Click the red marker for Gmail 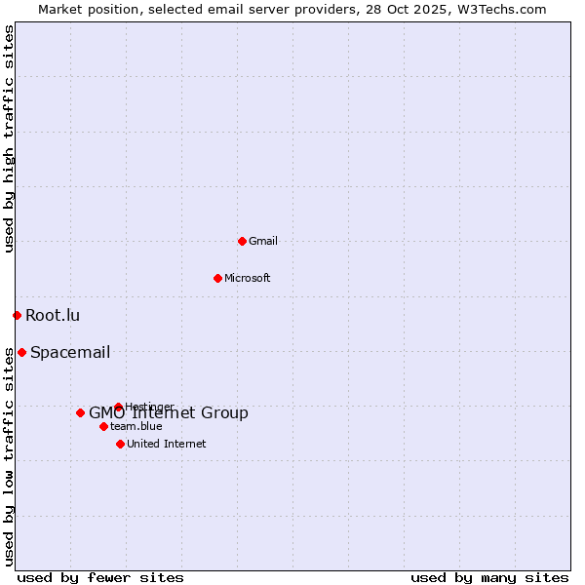(242, 241)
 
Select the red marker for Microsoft (217, 278)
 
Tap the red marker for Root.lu (17, 315)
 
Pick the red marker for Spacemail (21, 352)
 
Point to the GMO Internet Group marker (80, 412)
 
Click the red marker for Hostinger (118, 407)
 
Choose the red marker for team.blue (103, 426)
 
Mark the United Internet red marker (120, 444)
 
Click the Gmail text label (263, 241)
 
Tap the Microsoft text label (248, 278)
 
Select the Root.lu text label (53, 315)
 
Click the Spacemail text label (70, 352)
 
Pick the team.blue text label (136, 426)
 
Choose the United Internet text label (167, 444)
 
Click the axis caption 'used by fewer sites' (100, 577)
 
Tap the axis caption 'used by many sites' (489, 577)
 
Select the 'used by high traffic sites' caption (9, 138)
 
